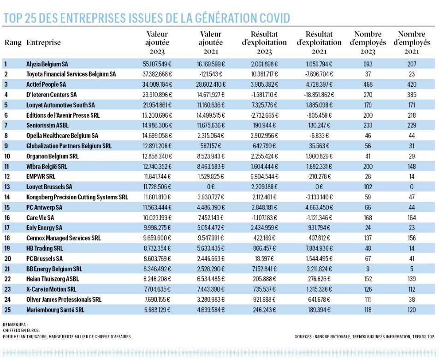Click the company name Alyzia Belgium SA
pos(47,64)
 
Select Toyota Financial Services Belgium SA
pos(71,74)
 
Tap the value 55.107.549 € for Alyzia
pos(157,64)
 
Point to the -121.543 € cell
pos(211,74)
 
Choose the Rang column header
pos(13,42)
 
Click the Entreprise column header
pos(43,42)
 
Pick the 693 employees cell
pos(368,64)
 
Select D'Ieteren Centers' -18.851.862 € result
pos(319,95)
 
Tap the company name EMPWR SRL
pos(41,176)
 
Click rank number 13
pos(7,187)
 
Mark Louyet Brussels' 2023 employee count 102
pos(368,187)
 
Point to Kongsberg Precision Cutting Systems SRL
pos(77,197)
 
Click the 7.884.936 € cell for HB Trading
pos(319,248)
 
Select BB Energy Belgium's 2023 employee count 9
pos(368,269)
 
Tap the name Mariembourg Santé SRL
pos(55,310)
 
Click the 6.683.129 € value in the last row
pos(157,310)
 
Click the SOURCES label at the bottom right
pos(303,336)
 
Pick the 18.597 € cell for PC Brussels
pos(264,258)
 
